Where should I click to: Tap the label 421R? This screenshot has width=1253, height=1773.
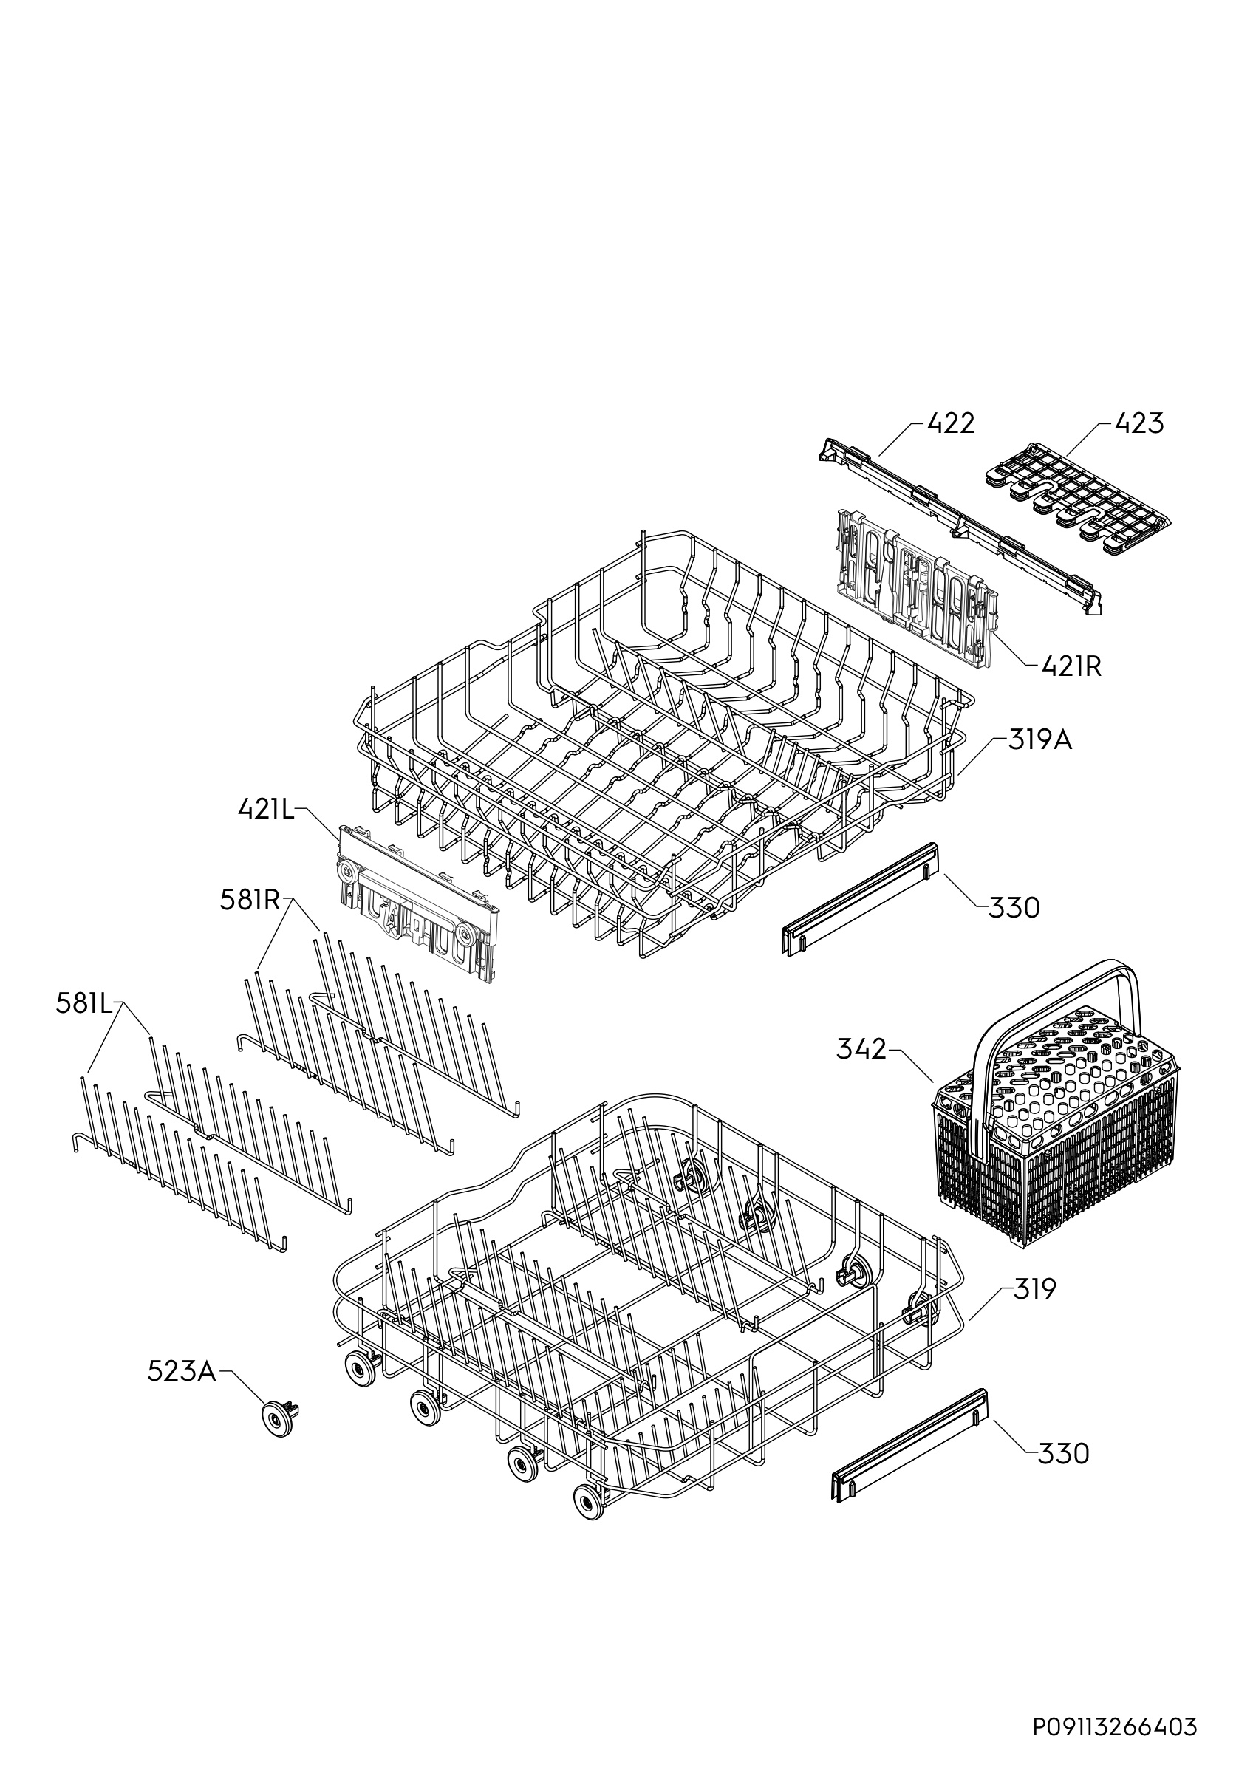tap(1071, 666)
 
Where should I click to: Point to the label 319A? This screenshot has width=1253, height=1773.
tap(1041, 740)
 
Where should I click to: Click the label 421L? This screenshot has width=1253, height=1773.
tap(267, 808)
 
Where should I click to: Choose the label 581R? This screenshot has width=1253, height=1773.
tap(250, 901)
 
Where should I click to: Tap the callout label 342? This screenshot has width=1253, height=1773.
tap(861, 1050)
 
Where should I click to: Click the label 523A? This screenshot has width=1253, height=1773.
tap(182, 1371)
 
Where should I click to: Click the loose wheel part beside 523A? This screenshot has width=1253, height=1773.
tap(279, 1419)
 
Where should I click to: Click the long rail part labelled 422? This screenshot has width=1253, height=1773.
tap(961, 525)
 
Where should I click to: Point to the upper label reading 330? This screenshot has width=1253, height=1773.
tap(1014, 907)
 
